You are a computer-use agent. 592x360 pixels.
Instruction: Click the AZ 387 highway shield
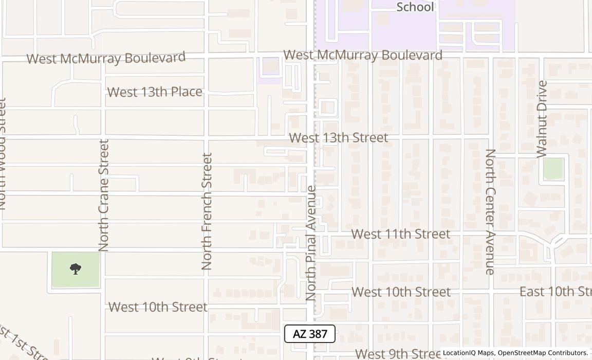click(310, 334)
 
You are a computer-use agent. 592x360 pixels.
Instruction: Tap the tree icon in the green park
click(76, 268)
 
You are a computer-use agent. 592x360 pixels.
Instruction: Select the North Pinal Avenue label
click(311, 243)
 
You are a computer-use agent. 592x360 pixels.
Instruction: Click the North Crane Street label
click(104, 195)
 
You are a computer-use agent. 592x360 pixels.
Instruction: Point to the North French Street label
click(207, 211)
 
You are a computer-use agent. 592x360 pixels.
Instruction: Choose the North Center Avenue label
click(491, 211)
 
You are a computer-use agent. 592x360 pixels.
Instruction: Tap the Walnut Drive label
click(542, 119)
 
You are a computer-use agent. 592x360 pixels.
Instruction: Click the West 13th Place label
click(155, 92)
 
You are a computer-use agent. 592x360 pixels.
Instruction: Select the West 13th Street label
click(338, 138)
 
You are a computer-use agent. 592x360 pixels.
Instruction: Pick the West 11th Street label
click(400, 234)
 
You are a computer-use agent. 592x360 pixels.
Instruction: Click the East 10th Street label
click(555, 292)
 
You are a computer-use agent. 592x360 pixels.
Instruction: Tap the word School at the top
click(415, 7)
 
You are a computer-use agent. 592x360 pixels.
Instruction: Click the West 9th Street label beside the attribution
click(397, 354)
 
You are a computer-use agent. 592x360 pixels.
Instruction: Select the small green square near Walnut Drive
click(553, 169)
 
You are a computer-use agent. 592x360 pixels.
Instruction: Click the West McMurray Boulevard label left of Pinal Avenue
click(106, 58)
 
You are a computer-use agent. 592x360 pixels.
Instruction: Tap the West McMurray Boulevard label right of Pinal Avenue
click(363, 55)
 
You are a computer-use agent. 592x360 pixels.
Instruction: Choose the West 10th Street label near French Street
click(158, 307)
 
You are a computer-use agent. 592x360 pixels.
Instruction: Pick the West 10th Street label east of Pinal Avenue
click(401, 292)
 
